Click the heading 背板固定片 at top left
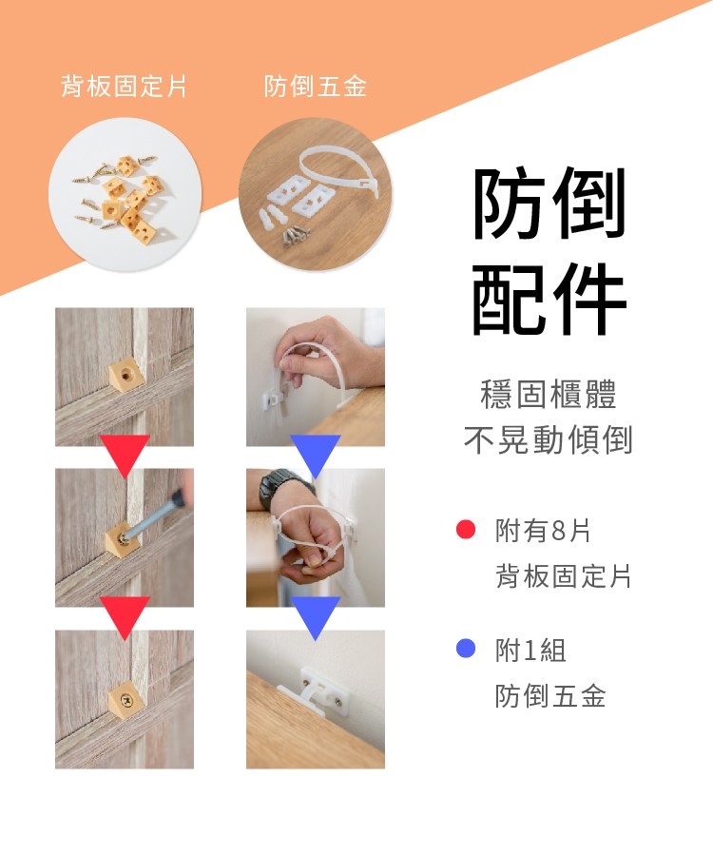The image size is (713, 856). tap(124, 87)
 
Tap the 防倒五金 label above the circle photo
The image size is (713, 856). tap(316, 87)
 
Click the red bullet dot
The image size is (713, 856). tap(465, 529)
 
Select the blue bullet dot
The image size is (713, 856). tap(465, 648)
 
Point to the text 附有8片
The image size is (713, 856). tap(543, 531)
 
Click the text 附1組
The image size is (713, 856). tap(530, 651)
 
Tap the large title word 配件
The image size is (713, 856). tap(549, 299)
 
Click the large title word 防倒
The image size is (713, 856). tap(549, 204)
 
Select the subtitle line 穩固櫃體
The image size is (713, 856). tap(549, 394)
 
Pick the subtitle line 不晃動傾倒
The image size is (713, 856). tap(549, 439)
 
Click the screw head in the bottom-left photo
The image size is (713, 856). tap(126, 699)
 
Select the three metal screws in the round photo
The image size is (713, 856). tap(296, 235)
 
